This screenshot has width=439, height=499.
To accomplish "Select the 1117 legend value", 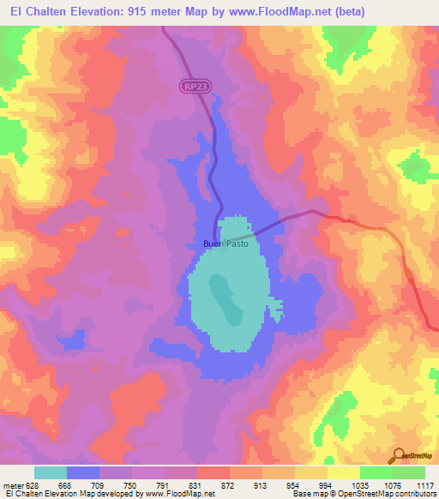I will (x=425, y=485).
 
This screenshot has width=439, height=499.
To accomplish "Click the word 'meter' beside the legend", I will (x=15, y=485).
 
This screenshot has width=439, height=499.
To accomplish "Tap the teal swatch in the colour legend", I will (x=51, y=472).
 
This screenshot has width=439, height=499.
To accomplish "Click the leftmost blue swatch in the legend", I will (x=83, y=472).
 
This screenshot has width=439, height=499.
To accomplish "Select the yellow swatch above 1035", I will (x=343, y=472).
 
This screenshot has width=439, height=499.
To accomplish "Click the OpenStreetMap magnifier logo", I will (x=398, y=454).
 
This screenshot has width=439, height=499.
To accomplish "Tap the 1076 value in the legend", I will (x=391, y=485).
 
